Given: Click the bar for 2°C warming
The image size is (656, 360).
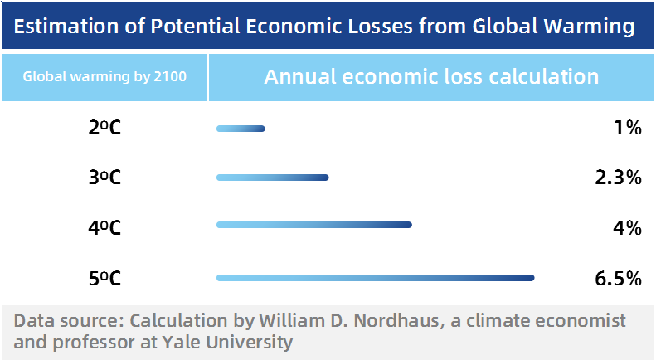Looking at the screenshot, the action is [x=241, y=129].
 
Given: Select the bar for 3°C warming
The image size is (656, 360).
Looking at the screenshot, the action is [x=272, y=178].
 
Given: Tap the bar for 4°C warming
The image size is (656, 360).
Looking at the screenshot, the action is [x=314, y=225].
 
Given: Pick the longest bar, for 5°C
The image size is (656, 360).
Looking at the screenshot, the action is [x=376, y=278].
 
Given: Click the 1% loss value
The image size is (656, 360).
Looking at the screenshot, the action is [x=628, y=128].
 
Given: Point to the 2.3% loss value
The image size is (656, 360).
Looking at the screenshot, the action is [x=619, y=178].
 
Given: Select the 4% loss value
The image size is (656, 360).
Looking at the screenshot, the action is [x=628, y=228].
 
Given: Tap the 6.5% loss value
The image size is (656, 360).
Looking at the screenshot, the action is [x=619, y=279].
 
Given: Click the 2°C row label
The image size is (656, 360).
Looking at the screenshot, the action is [x=104, y=127].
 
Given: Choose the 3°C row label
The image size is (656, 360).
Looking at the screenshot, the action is [x=104, y=178].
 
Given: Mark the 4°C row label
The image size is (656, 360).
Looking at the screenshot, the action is [x=104, y=228].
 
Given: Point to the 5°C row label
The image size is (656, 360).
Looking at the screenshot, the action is [x=104, y=279].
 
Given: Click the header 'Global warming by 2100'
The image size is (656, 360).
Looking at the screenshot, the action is [x=104, y=76].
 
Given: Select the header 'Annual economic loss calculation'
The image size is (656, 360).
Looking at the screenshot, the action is [x=431, y=76].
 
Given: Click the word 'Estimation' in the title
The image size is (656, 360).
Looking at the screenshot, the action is [x=66, y=26].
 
